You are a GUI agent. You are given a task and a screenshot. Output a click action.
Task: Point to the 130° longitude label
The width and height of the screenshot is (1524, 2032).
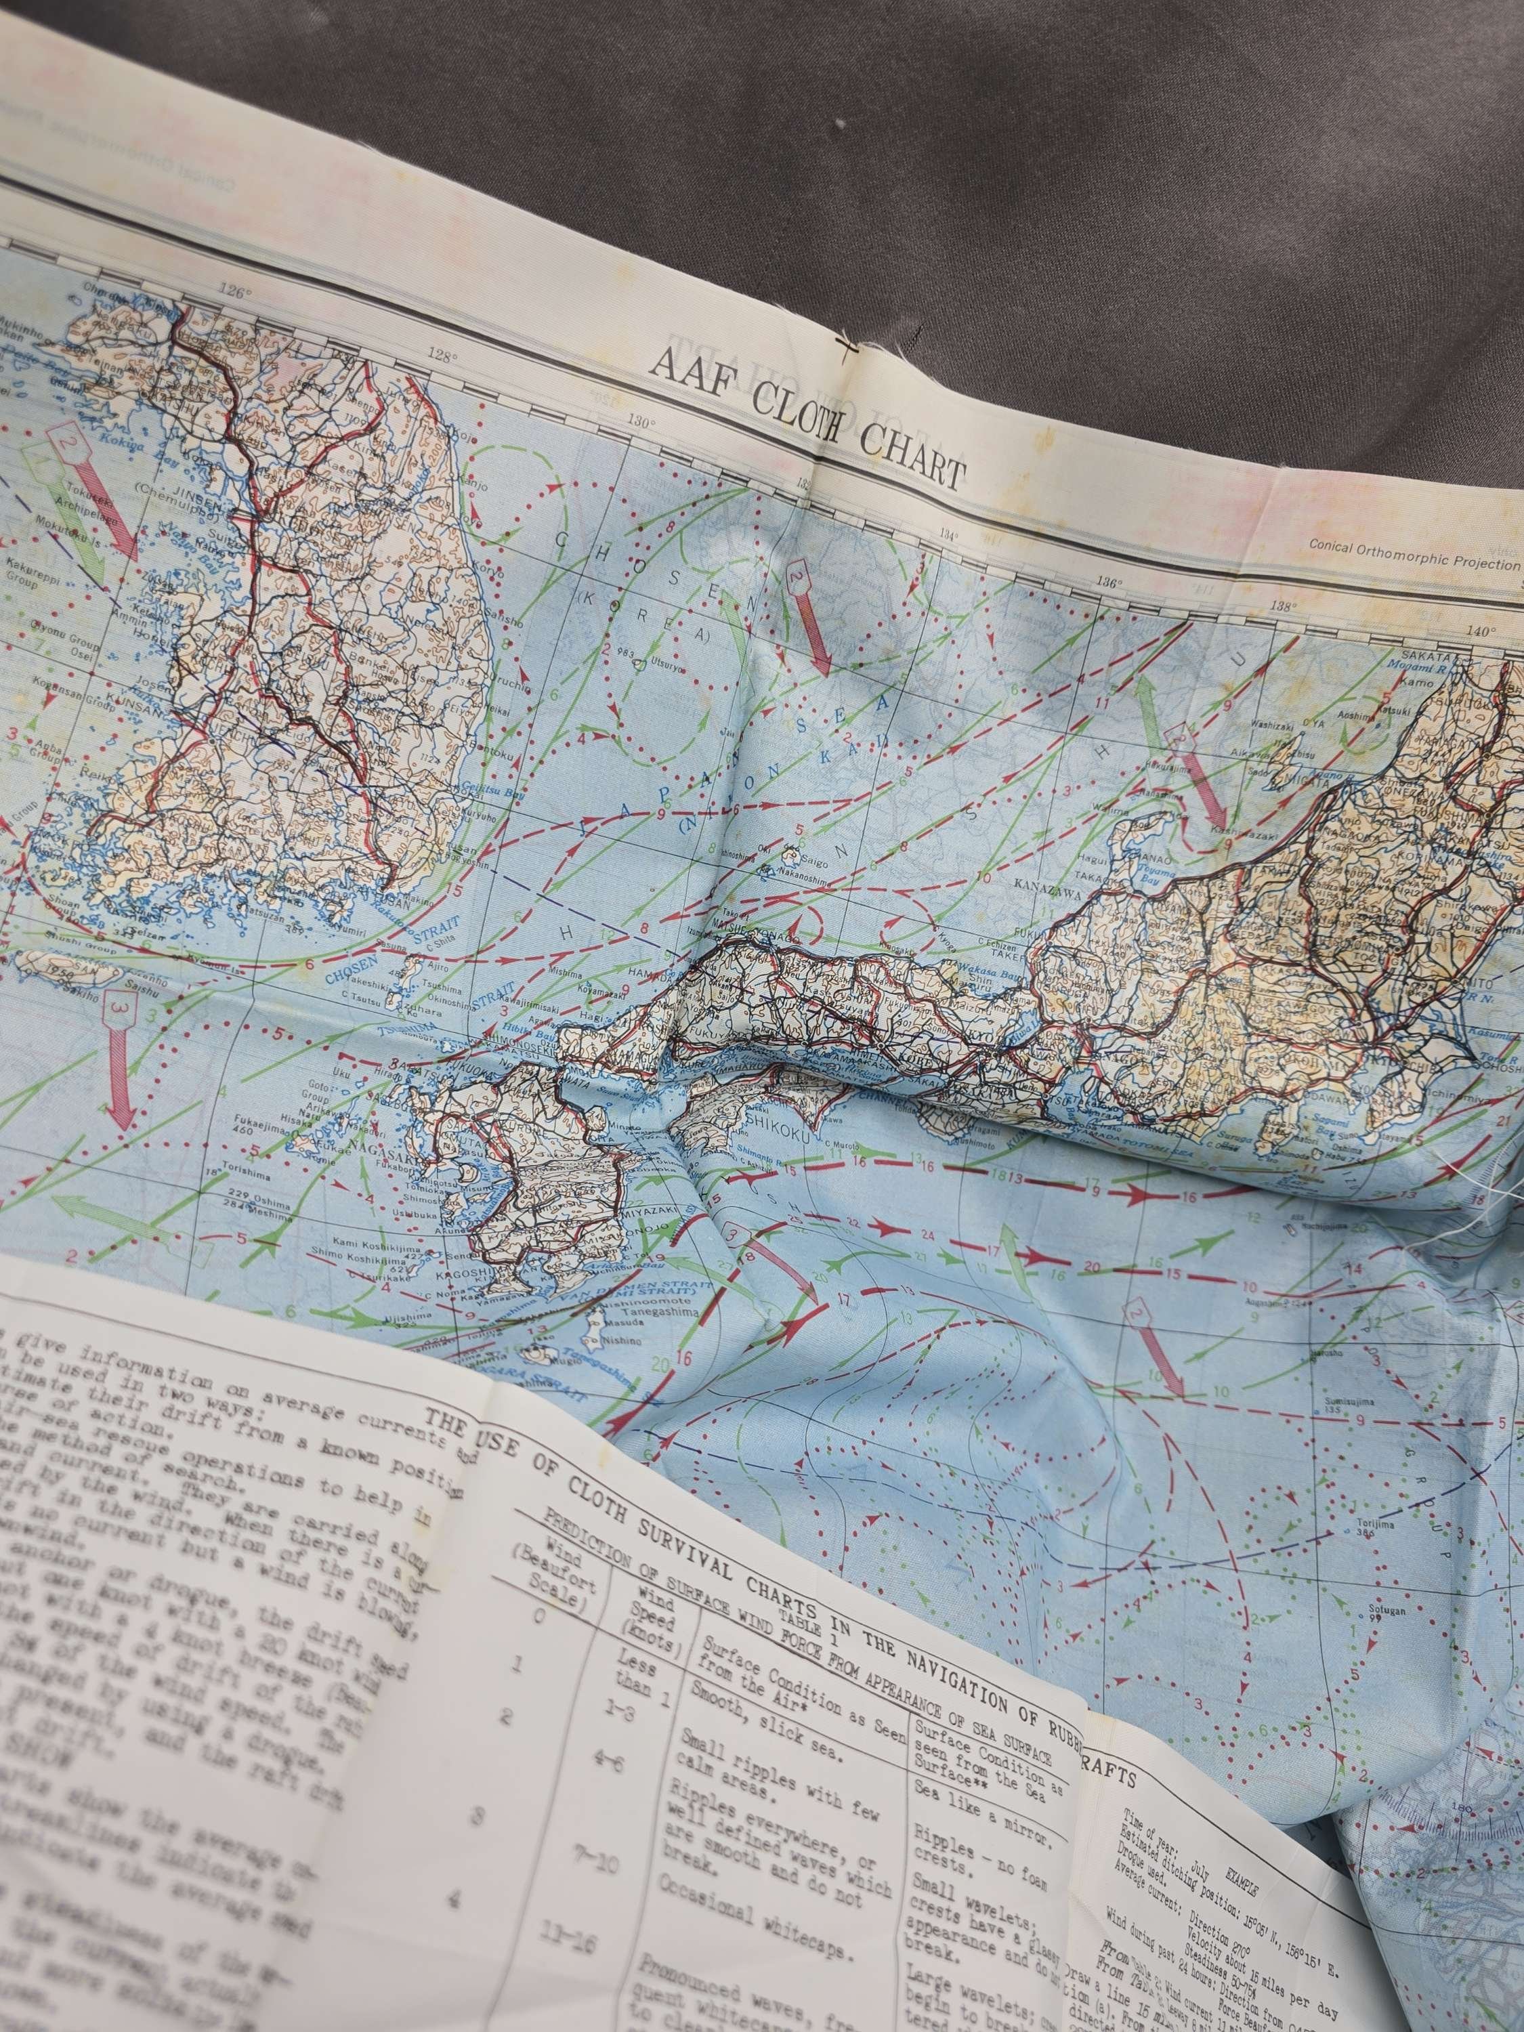[641, 423]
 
